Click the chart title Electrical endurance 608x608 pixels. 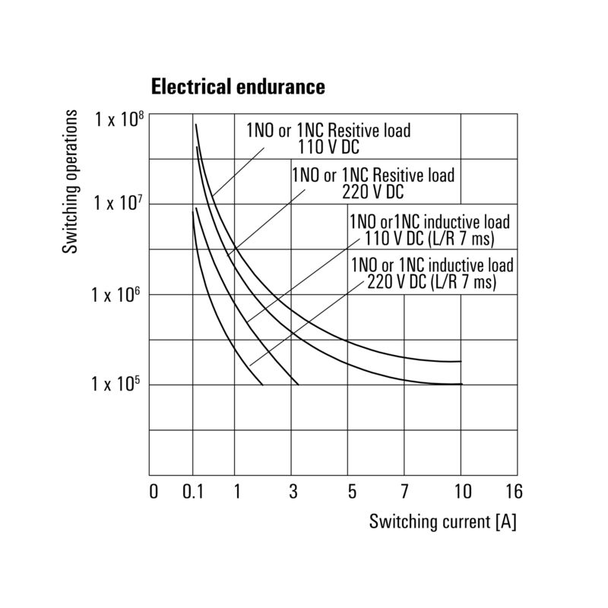click(x=238, y=87)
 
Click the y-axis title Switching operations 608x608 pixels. click(x=70, y=182)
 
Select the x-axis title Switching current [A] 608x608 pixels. click(x=442, y=522)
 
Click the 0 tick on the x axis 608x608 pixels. click(x=154, y=492)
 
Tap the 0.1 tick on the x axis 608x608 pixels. click(x=195, y=492)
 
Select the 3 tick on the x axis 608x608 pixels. click(x=293, y=492)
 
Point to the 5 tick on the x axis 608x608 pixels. click(x=351, y=492)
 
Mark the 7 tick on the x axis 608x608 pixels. click(x=404, y=492)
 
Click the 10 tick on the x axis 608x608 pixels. click(x=461, y=492)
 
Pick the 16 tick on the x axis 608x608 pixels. click(x=514, y=492)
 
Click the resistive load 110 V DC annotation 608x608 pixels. click(x=328, y=138)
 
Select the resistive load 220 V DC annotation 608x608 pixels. click(x=373, y=183)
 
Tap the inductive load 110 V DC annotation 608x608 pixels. click(x=429, y=230)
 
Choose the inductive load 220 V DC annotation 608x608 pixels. click(x=432, y=274)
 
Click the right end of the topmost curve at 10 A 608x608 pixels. click(x=461, y=361)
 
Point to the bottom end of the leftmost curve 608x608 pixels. click(x=262, y=385)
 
